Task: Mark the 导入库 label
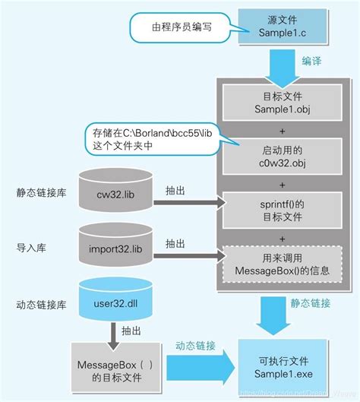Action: pyautogui.click(x=30, y=248)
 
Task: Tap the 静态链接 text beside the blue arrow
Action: pyautogui.click(x=311, y=303)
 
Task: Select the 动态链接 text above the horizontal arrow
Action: pyautogui.click(x=196, y=346)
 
